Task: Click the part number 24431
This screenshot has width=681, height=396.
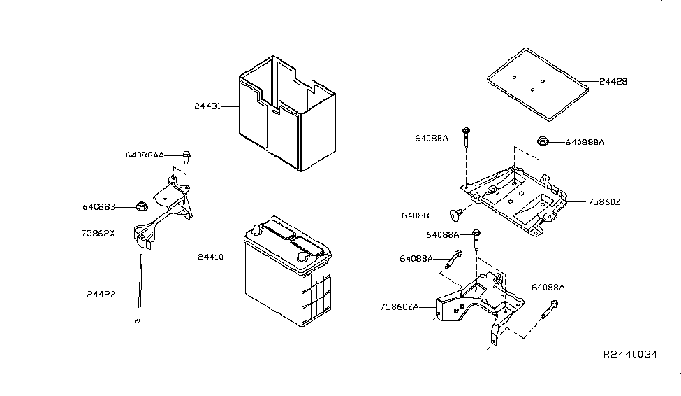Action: [208, 107]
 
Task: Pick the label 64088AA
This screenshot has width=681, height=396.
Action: [145, 155]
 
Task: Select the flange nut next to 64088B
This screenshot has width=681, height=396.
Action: [141, 206]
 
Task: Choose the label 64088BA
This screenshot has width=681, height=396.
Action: [585, 142]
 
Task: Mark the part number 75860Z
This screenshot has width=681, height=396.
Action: [603, 201]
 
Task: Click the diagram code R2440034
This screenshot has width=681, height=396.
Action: [630, 355]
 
